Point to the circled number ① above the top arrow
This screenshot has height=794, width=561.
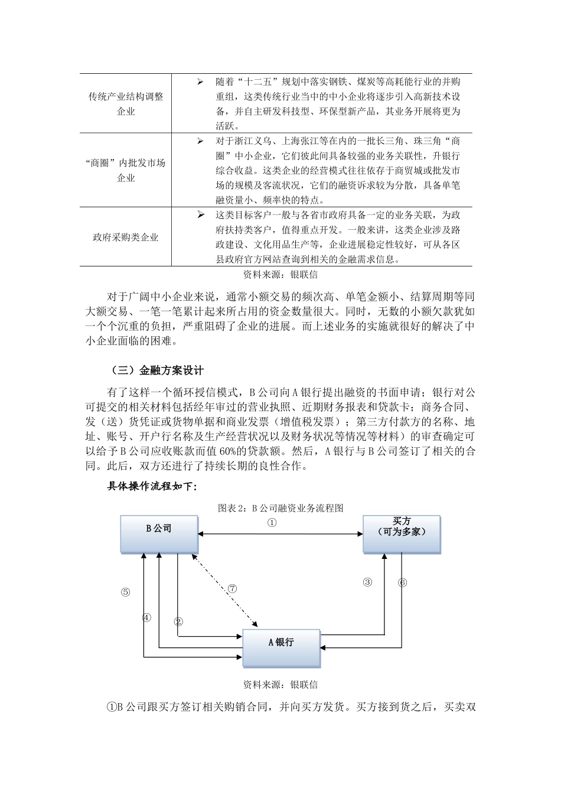click(x=272, y=522)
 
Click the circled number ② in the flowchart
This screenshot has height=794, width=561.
click(x=178, y=621)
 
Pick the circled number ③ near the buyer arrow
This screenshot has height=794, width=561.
click(x=367, y=582)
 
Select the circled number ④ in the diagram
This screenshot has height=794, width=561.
click(x=146, y=617)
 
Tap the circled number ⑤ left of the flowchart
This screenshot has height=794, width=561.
click(x=125, y=593)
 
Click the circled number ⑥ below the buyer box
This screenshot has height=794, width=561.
click(x=403, y=582)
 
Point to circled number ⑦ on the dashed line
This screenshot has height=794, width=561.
click(x=232, y=589)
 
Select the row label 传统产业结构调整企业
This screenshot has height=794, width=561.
click(x=125, y=103)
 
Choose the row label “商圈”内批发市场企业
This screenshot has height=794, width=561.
click(x=125, y=170)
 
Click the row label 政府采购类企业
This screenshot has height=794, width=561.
click(x=125, y=237)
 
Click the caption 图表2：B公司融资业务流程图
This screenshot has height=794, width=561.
click(x=280, y=507)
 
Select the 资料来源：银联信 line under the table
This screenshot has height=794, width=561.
click(x=280, y=275)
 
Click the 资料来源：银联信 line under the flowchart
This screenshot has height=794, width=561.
click(x=280, y=685)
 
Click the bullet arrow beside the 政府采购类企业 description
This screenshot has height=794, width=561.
click(x=201, y=214)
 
